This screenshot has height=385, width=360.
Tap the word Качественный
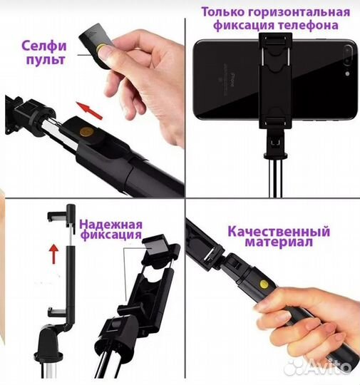[x=279, y=232]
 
